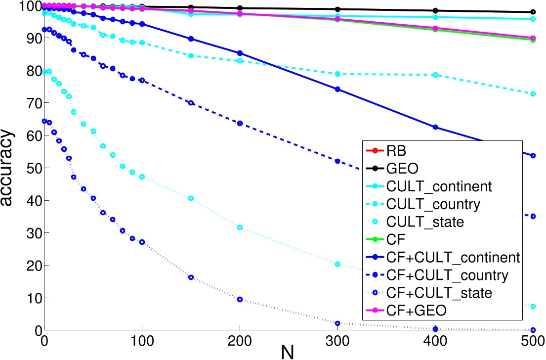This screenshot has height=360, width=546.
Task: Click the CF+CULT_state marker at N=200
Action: click(240, 299)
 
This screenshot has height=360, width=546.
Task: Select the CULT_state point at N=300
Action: click(338, 264)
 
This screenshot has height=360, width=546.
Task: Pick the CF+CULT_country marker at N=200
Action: click(240, 123)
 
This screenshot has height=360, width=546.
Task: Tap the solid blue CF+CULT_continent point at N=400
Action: click(435, 127)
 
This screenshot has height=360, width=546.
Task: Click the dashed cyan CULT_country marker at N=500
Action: click(533, 93)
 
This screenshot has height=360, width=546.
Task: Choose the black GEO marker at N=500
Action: click(533, 12)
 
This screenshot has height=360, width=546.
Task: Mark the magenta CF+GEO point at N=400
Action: click(435, 28)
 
